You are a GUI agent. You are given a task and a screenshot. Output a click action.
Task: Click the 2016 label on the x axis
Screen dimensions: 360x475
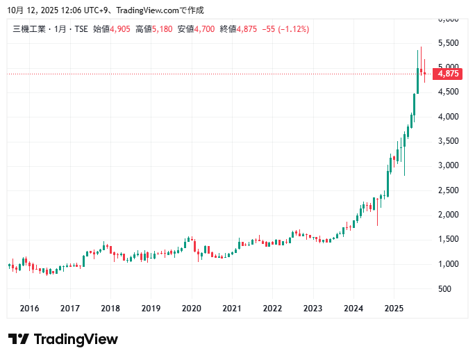pyautogui.click(x=29, y=308)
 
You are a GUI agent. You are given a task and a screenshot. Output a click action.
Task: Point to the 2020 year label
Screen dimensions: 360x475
pyautogui.click(x=191, y=308)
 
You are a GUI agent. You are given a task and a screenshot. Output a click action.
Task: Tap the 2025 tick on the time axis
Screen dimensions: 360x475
pyautogui.click(x=394, y=308)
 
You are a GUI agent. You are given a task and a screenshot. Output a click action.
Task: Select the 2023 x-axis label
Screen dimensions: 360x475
pyautogui.click(x=313, y=308)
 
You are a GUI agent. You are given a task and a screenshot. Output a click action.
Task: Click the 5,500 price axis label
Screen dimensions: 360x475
pyautogui.click(x=449, y=43)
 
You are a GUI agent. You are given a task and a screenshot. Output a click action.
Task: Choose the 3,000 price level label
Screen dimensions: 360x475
pyautogui.click(x=449, y=165)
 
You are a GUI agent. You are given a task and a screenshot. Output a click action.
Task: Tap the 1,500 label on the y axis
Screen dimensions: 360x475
pyautogui.click(x=449, y=239)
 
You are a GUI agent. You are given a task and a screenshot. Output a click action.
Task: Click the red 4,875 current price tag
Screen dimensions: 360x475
pyautogui.click(x=449, y=74)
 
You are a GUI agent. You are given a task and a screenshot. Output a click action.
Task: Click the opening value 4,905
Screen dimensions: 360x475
pyautogui.click(x=122, y=28)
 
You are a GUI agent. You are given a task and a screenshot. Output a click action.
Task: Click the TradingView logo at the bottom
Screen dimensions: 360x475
pyautogui.click(x=63, y=339)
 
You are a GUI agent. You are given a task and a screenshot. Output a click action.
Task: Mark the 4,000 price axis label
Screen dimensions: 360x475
pyautogui.click(x=449, y=117)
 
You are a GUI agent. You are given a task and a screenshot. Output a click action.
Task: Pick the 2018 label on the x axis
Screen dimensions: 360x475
pyautogui.click(x=110, y=308)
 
